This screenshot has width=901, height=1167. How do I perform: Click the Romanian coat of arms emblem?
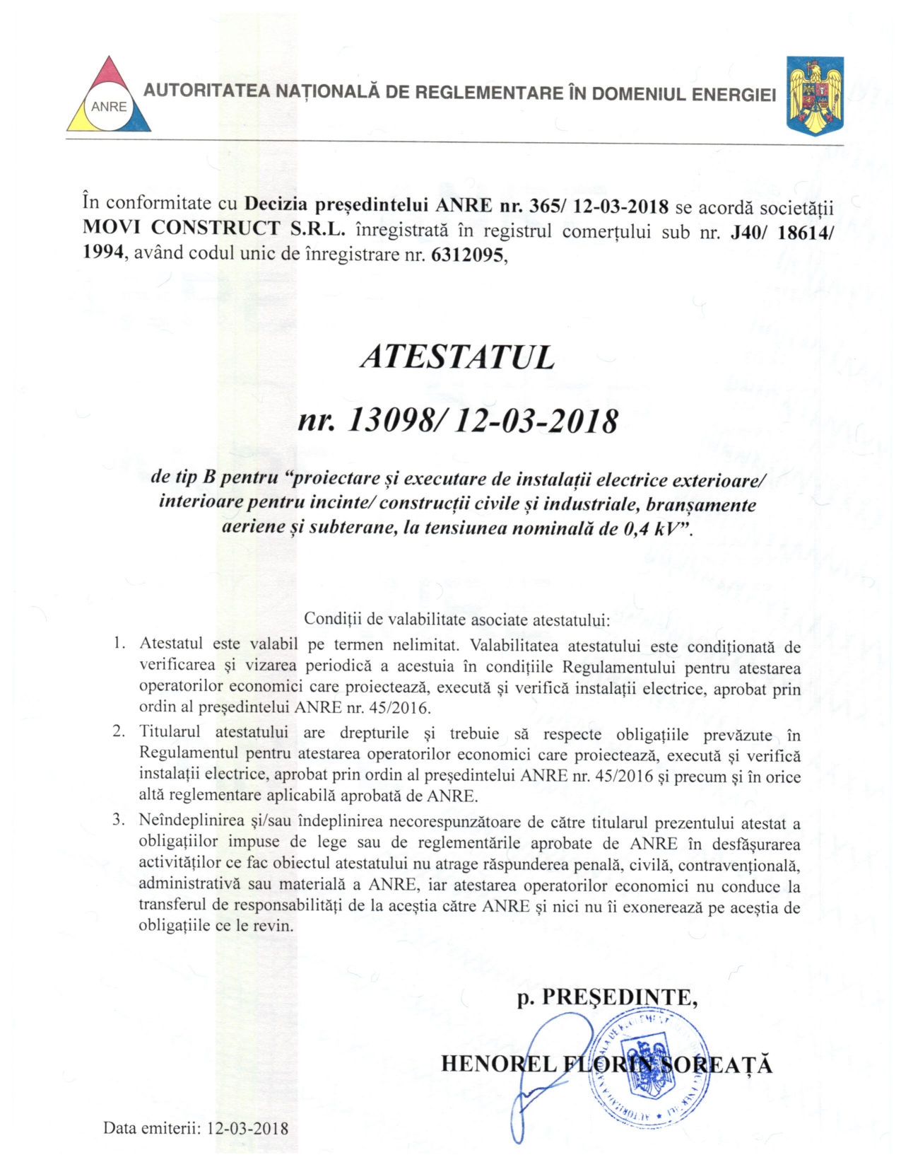coord(815,95)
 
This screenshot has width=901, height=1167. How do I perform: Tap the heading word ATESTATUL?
coord(457,358)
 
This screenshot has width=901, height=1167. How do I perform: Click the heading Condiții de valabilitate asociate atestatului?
coord(457,620)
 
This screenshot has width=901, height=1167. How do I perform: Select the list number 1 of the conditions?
coord(119,644)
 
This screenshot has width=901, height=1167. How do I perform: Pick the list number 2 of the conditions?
coord(119,731)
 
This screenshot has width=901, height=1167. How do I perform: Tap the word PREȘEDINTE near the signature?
coord(618,997)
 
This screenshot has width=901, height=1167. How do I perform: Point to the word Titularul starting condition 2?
coord(170,731)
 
